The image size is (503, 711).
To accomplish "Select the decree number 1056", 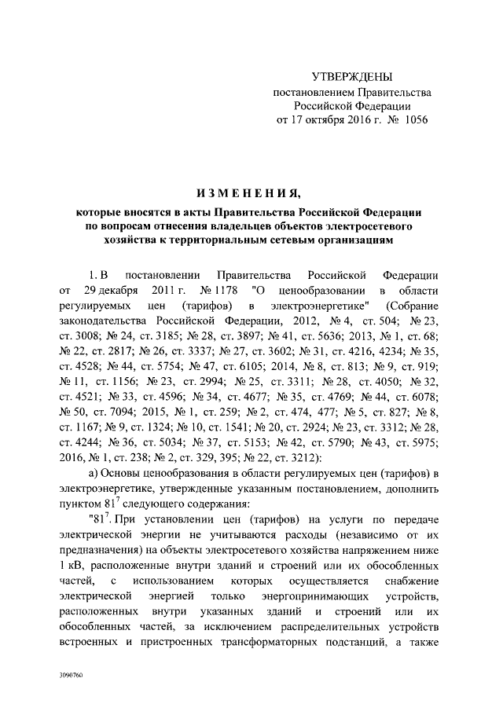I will pos(413,120).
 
